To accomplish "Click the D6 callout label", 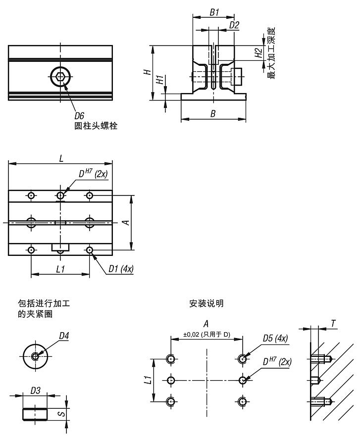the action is pos(79,116).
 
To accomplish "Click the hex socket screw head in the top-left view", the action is pos(60,77).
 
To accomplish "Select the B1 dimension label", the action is pos(214,12).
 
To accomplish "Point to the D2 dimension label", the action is pos(234,25).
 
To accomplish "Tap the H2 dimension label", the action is pos(258,53).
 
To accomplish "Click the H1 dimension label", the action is pos(159,80).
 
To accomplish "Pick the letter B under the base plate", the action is pos(213,114).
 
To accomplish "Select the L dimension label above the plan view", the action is pos(61,158).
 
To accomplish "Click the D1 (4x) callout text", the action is pos(121,269).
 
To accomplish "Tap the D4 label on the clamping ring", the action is pos(64,336).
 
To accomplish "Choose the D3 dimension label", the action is pos(35,391).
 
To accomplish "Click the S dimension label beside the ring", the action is pos(62,413).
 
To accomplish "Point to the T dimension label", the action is pos(333,324).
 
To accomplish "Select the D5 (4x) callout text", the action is pos(275,338).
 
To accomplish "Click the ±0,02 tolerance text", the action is pos(191,335).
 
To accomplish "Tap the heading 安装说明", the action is pos(206,303).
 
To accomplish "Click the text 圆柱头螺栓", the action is pos(96,126).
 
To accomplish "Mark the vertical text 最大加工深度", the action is pos(271,53).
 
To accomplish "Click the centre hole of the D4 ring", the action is pos(35,356).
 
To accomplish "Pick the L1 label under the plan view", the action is pos(60,269).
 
